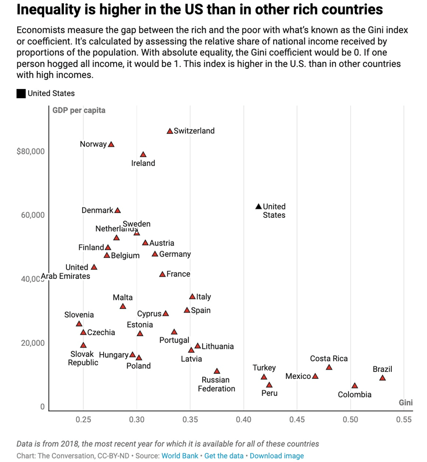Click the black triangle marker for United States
[259, 206]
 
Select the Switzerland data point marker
[170, 131]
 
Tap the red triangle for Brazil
[382, 378]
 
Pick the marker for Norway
[111, 144]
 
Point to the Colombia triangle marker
[355, 386]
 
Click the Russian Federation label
[216, 384]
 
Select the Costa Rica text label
[329, 359]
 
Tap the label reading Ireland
[143, 163]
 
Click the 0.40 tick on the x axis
[243, 419]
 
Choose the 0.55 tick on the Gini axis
[403, 419]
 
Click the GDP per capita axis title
[79, 110]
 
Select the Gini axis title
[405, 403]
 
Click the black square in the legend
[21, 94]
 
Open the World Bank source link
[180, 455]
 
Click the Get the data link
[224, 455]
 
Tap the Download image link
[277, 455]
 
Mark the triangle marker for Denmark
[118, 210]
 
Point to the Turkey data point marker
[264, 377]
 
